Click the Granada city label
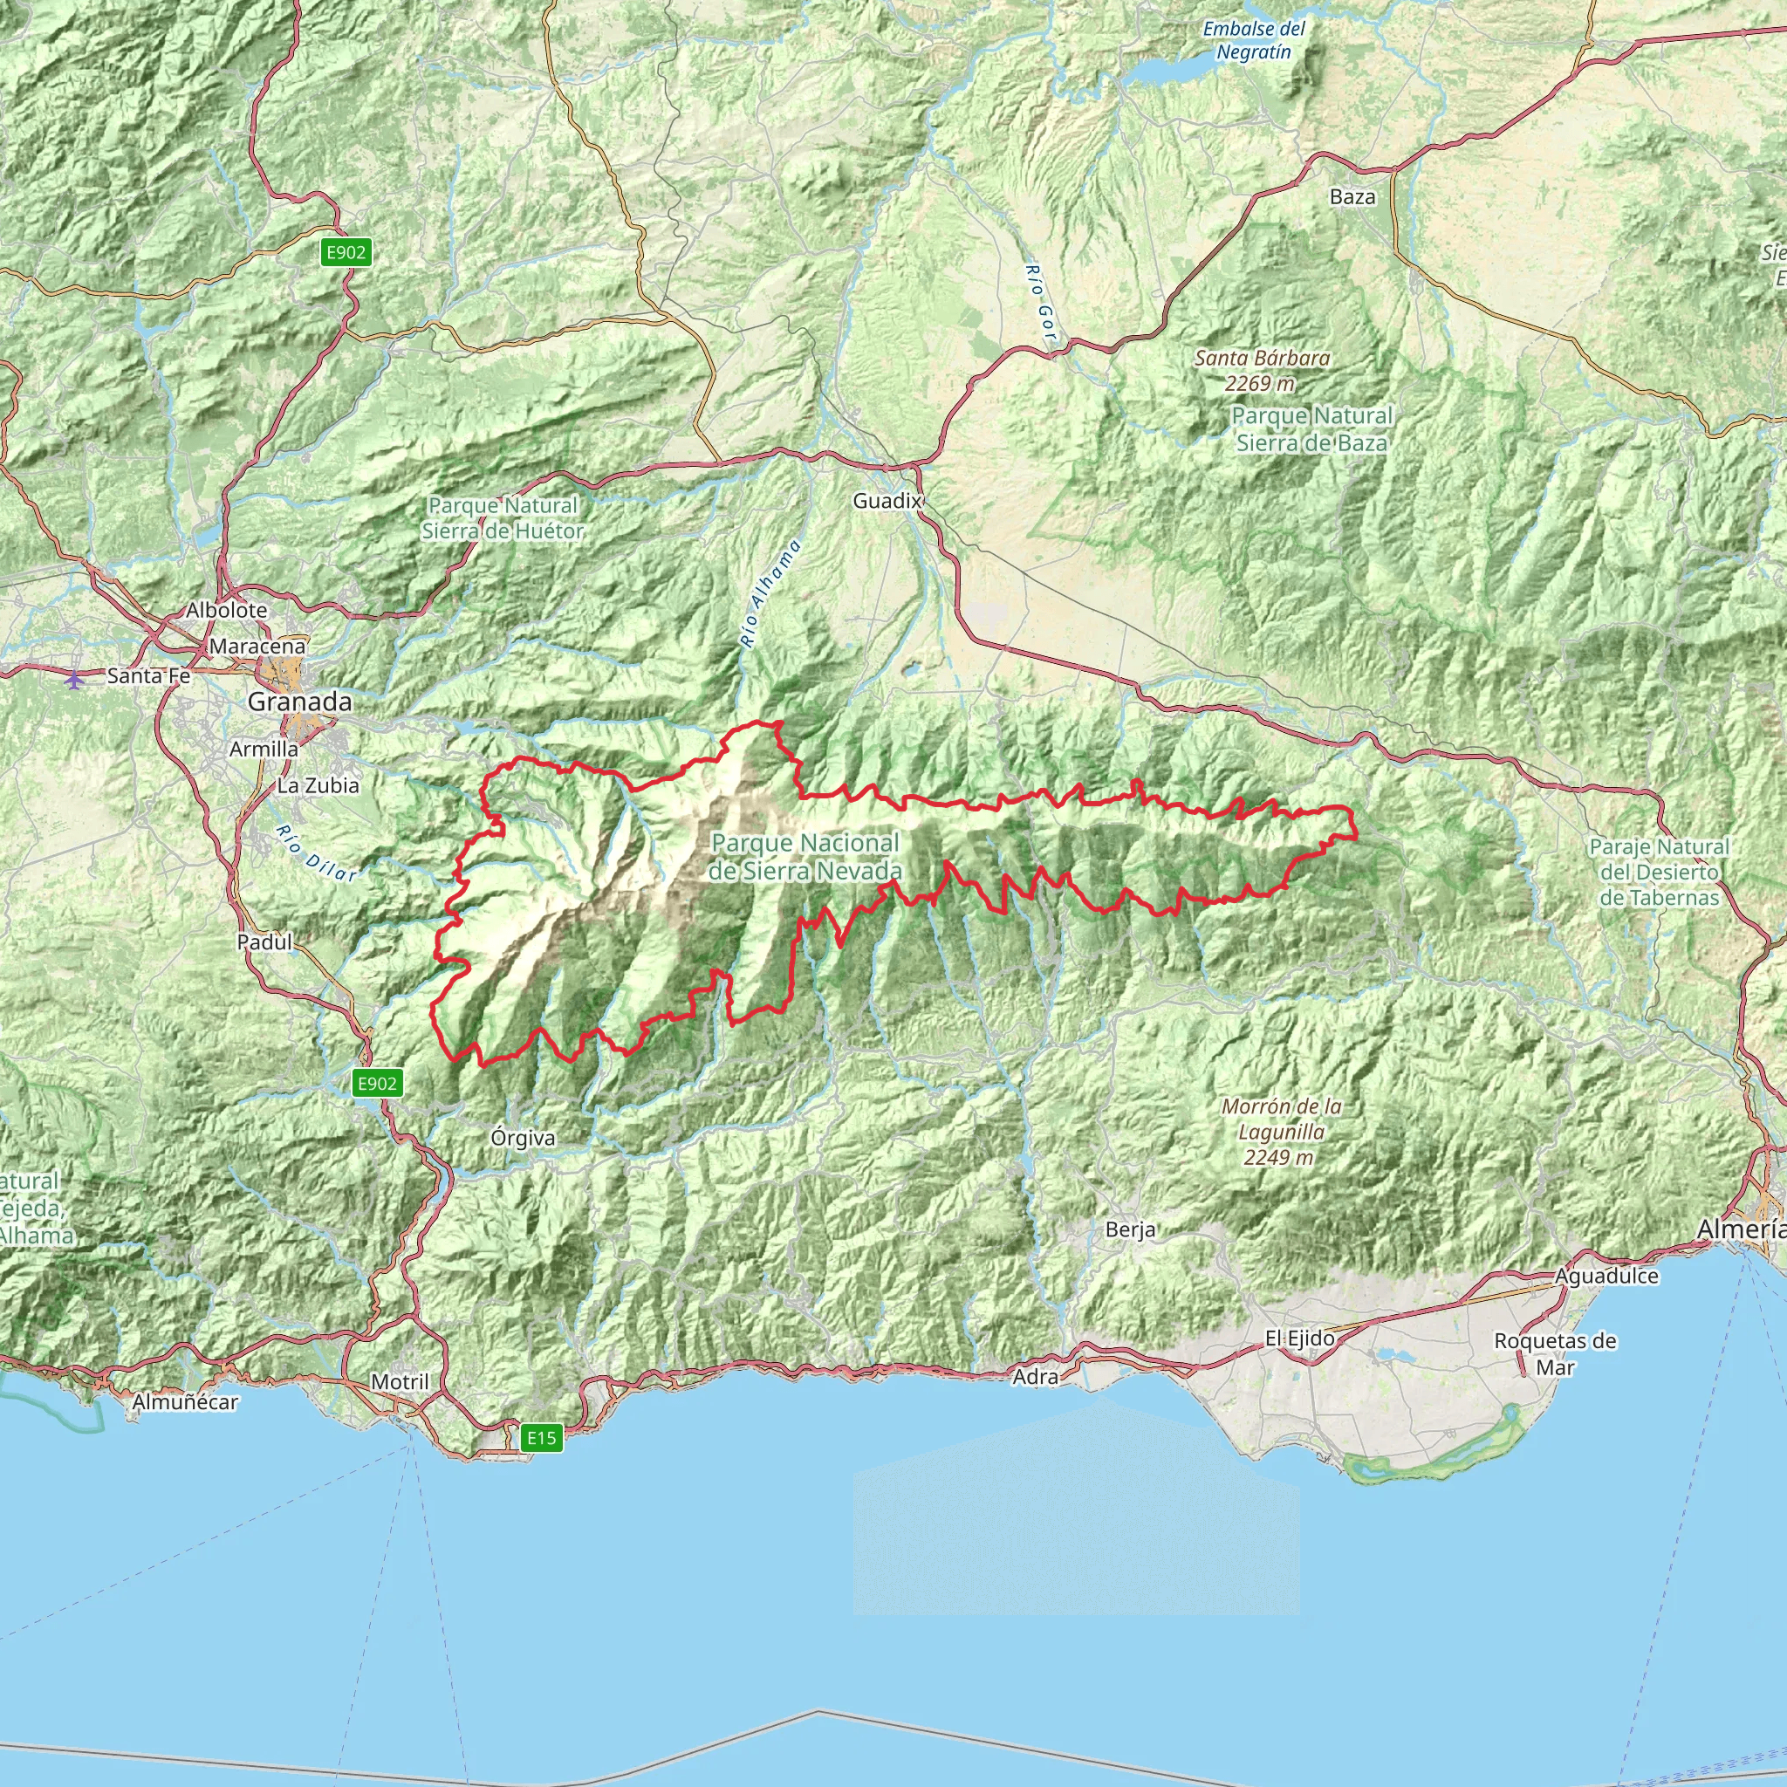298,702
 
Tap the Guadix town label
887,502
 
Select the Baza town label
1352,197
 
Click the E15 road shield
541,1437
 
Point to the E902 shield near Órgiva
377,1083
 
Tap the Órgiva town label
524,1139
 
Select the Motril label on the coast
400,1382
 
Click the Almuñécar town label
185,1402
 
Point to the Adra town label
1035,1377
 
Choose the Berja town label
1130,1230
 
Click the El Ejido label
1299,1339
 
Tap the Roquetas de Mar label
1555,1353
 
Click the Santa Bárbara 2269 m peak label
1262,370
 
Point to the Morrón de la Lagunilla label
1281,1132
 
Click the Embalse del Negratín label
1253,41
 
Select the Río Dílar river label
315,852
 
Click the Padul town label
264,942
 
